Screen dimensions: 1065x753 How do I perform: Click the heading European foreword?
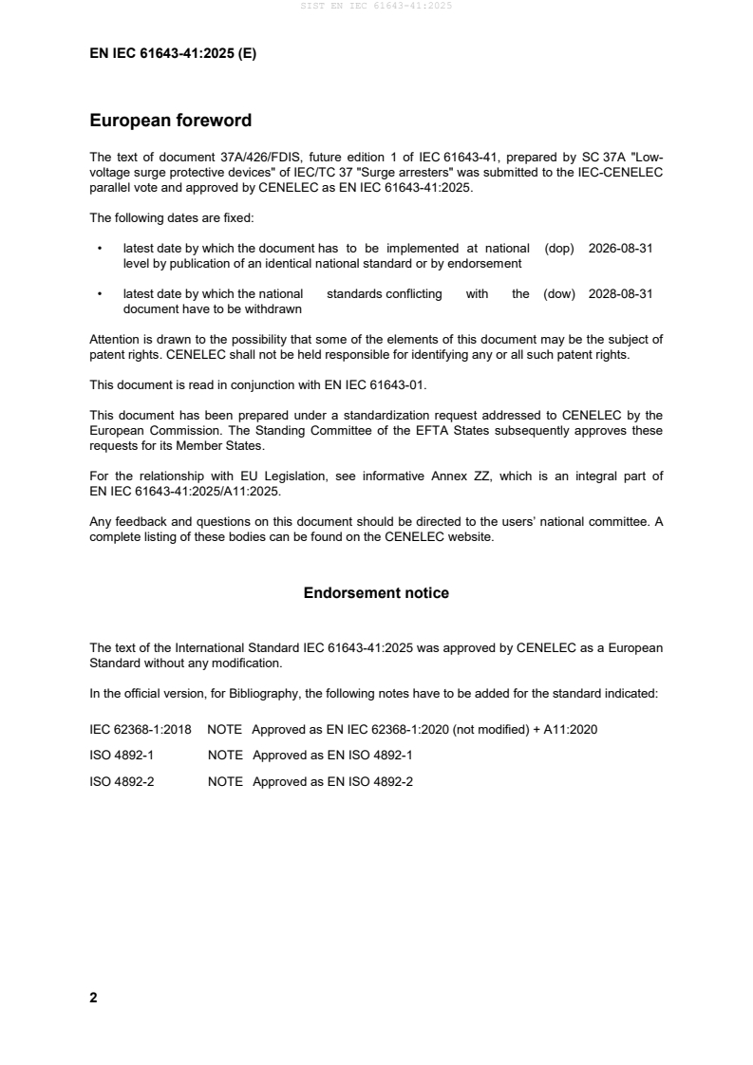tap(170, 121)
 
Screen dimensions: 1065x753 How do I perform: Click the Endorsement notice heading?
tap(376, 593)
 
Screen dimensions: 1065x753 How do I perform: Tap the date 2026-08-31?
tap(620, 248)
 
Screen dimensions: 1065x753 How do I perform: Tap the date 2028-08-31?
tap(620, 294)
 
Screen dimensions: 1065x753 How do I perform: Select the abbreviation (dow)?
tap(559, 294)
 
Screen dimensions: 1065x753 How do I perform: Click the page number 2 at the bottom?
tap(93, 998)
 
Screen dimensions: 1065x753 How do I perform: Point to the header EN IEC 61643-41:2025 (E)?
tap(172, 54)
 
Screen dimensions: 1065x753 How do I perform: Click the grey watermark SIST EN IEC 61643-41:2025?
tap(376, 6)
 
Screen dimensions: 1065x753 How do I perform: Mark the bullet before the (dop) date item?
tap(100, 248)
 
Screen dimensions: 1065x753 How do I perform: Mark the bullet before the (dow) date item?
tap(100, 294)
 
